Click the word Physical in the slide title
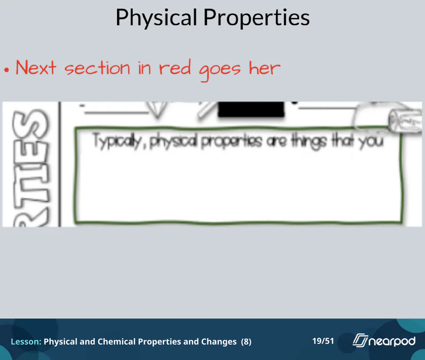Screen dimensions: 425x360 pyautogui.click(x=156, y=18)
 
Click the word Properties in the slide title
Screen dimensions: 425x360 pyautogui.click(x=256, y=18)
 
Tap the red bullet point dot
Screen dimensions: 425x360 pyautogui.click(x=7, y=70)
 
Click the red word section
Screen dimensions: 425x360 pyautogui.click(x=97, y=68)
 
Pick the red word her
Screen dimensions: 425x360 pyautogui.click(x=264, y=68)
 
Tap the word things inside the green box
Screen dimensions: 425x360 pyautogui.click(x=308, y=141)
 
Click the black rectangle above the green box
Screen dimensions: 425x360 pyautogui.click(x=251, y=109)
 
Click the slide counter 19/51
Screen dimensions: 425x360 pyautogui.click(x=323, y=341)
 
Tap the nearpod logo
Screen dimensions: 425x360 pyautogui.click(x=384, y=341)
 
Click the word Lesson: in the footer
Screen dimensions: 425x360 pyautogui.click(x=26, y=342)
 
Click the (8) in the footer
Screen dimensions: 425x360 pyautogui.click(x=246, y=342)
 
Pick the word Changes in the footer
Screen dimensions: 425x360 pyautogui.click(x=219, y=342)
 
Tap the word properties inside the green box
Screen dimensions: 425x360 pyautogui.click(x=232, y=142)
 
